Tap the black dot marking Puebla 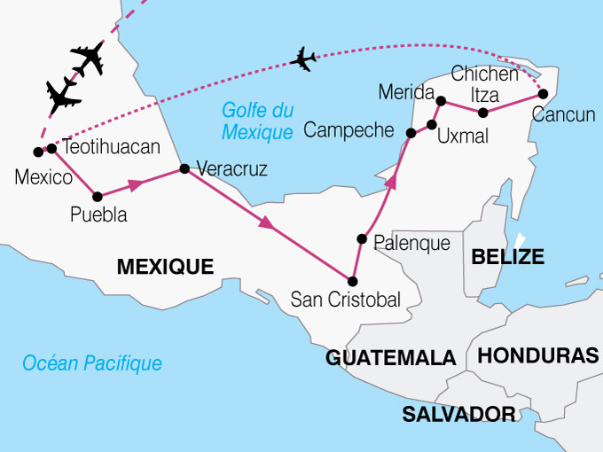pos(97,196)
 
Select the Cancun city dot pos(543,92)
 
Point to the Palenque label pos(412,241)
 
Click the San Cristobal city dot pos(352,281)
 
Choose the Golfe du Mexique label pos(258,121)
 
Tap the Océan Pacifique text pos(92,362)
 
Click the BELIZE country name pos(507,257)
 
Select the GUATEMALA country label pos(390,358)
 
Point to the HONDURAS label pos(538,355)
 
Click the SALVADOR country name pos(458,414)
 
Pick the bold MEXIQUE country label pos(166,266)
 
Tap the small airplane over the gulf pos(303,60)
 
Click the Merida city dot pos(441,99)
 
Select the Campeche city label pos(348,130)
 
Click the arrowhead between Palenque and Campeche pos(389,183)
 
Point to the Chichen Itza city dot pos(482,113)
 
